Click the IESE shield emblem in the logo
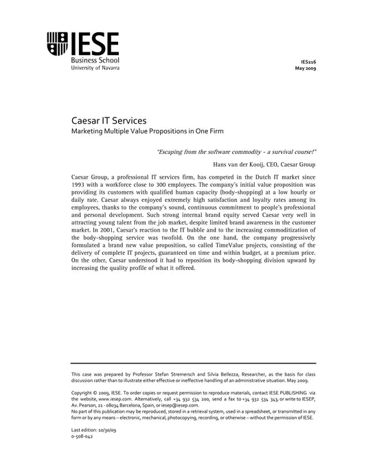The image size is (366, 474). point(57,45)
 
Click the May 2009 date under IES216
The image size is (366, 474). point(306,69)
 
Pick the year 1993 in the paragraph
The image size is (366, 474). point(79,187)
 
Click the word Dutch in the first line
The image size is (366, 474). point(247,179)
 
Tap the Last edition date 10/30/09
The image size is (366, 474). point(104,429)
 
